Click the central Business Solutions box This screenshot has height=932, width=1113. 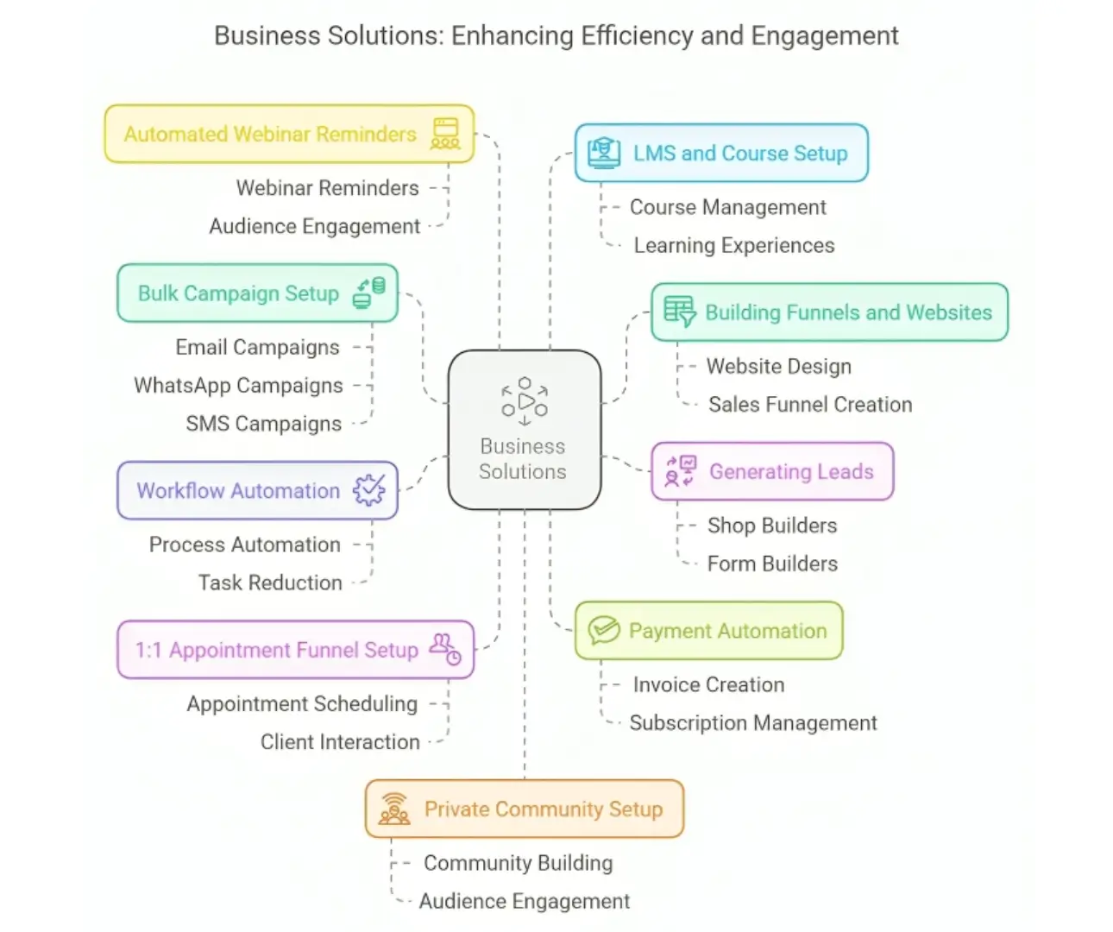click(x=525, y=429)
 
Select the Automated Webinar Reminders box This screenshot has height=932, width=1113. click(x=289, y=134)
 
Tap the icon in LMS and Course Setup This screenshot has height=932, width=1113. click(x=603, y=153)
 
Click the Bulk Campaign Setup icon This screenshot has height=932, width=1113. click(x=369, y=293)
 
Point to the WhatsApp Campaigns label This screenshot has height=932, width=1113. click(x=238, y=385)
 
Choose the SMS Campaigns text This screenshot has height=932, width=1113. click(x=263, y=424)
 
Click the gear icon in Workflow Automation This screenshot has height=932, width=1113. click(x=369, y=490)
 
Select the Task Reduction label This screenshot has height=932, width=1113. click(x=270, y=582)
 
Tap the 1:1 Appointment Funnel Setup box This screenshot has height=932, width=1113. click(x=295, y=650)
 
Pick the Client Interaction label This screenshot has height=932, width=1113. click(x=340, y=741)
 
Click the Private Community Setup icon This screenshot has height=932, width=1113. click(x=394, y=809)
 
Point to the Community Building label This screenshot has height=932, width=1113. click(x=519, y=863)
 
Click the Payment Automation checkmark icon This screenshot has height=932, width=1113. click(x=604, y=630)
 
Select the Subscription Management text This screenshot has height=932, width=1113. click(x=753, y=723)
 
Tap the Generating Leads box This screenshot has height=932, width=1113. click(x=772, y=471)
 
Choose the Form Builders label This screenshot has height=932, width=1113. click(x=772, y=564)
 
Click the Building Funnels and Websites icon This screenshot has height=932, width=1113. click(x=680, y=312)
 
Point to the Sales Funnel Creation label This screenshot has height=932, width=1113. click(x=810, y=404)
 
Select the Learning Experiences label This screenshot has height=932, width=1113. click(x=734, y=245)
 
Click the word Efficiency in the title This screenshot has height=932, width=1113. click(x=637, y=35)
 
